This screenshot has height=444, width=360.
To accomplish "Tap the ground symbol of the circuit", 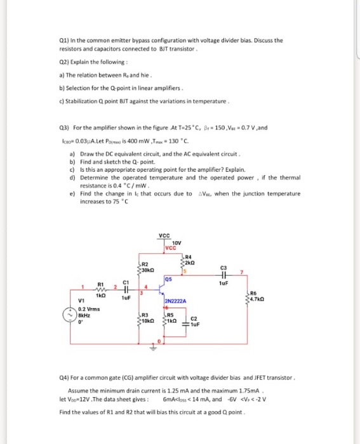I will [x=153, y=347].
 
